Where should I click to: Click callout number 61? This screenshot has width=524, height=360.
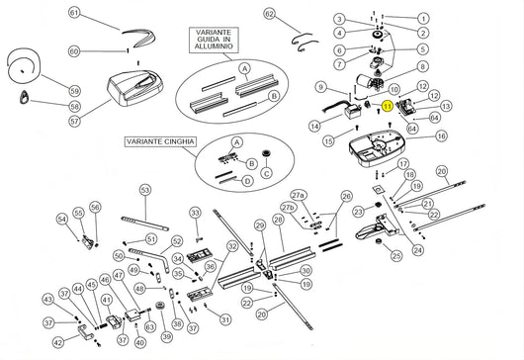pyautogui.click(x=72, y=13)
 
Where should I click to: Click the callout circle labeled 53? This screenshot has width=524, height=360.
pyautogui.click(x=144, y=188)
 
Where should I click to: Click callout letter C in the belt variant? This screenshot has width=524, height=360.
pyautogui.click(x=265, y=172)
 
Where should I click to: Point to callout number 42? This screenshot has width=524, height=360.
pyautogui.click(x=57, y=342)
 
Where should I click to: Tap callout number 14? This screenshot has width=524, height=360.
pyautogui.click(x=313, y=126)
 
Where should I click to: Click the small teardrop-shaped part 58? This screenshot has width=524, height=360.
pyautogui.click(x=25, y=97)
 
